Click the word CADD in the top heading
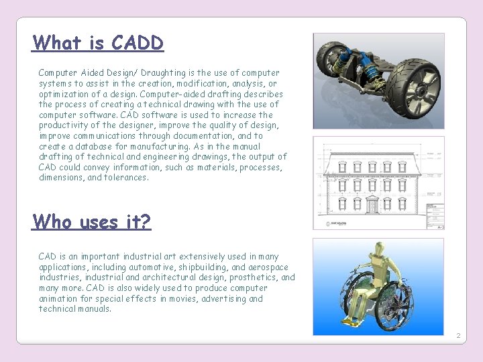coord(138,43)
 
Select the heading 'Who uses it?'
coord(92,221)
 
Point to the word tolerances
coord(125,178)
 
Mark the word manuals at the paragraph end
coord(94,309)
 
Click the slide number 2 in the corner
coord(458,335)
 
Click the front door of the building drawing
coord(373,205)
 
